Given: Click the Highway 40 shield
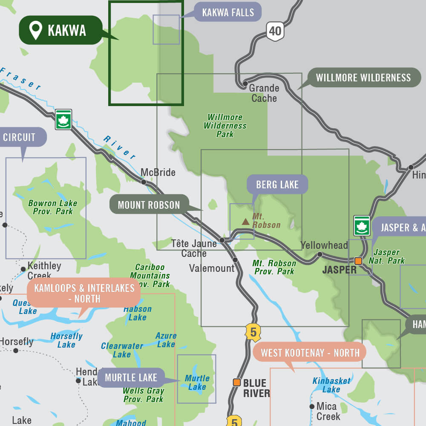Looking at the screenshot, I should pos(275,31).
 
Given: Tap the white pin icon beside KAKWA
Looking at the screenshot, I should pos(35,30).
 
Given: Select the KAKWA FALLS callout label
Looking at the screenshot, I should pos(227,12).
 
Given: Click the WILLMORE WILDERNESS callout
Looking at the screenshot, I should pos(363,78).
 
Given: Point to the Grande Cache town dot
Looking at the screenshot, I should pos(245,84).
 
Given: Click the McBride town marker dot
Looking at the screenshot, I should pos(144,182).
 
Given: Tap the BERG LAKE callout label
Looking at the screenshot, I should pos(277,184).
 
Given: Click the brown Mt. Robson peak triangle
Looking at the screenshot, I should pos(245,222).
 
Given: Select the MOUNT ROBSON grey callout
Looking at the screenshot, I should pos(149,205).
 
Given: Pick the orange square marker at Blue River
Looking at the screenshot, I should pos(236,382).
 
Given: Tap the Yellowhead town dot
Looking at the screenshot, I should pos(319,254).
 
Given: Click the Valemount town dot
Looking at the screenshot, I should pos(235,259).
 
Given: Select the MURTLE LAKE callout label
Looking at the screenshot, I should pos(131,377).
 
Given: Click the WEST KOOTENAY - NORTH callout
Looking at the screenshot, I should pos(310,353).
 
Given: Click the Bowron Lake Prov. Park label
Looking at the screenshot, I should pos(52,207).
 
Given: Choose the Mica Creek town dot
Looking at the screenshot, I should pos(312,406).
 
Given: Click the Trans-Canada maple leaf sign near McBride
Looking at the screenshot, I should pos(63,119).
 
